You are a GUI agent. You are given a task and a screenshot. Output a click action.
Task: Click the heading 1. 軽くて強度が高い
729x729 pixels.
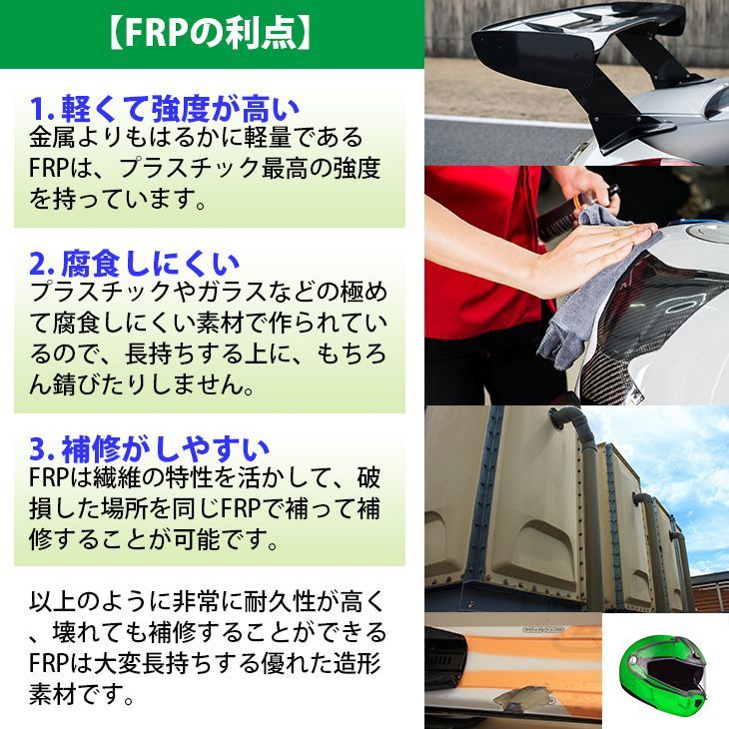coord(166,107)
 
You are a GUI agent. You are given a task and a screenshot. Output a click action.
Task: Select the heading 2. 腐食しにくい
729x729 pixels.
coord(134,264)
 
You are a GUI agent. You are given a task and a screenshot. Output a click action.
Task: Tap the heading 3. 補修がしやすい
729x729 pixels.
coord(149,446)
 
